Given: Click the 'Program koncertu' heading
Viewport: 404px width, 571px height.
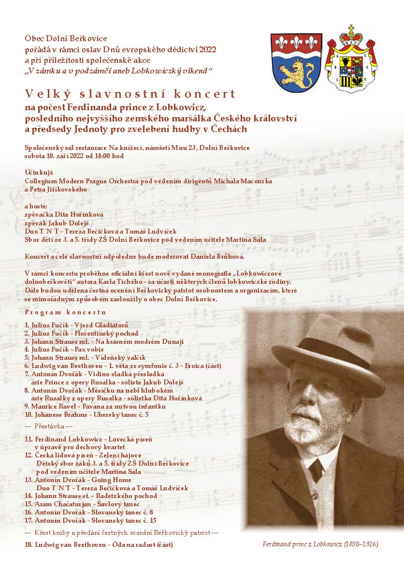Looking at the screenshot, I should pyautogui.click(x=65, y=313).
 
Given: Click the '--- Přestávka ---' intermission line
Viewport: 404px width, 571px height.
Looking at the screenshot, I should pyautogui.click(x=48, y=427).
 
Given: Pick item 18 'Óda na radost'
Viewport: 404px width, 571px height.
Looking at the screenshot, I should pyautogui.click(x=99, y=545).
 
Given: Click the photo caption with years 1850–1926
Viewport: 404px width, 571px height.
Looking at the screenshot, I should pyautogui.click(x=320, y=544).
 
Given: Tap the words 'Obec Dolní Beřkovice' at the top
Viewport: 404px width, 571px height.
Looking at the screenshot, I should pyautogui.click(x=66, y=38).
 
